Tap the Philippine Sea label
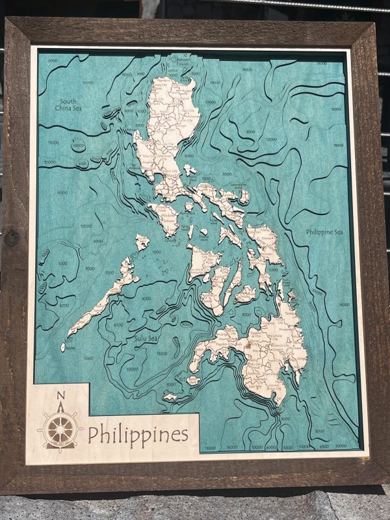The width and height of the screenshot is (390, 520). click(x=324, y=232)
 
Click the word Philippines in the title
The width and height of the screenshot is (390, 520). click(x=138, y=434)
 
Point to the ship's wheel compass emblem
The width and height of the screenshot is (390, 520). click(x=60, y=429)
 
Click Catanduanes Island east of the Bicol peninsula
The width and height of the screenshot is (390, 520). click(x=244, y=196)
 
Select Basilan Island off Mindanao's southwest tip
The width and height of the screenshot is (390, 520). click(x=194, y=380)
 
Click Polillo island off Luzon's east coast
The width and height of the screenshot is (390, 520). click(x=190, y=170)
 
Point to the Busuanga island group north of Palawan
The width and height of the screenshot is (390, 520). click(x=142, y=242)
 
